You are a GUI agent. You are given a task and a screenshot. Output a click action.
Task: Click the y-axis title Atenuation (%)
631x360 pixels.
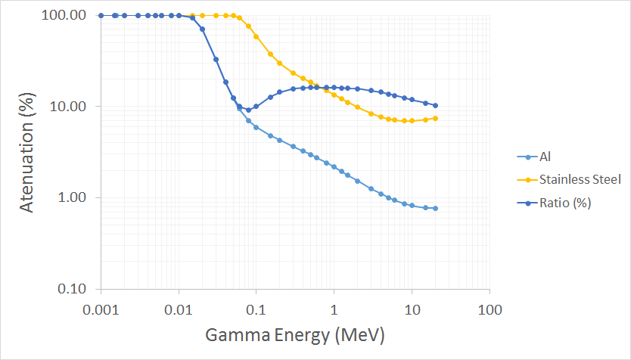[26, 151]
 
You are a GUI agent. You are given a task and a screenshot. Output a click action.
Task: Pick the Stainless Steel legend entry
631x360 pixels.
[580, 179]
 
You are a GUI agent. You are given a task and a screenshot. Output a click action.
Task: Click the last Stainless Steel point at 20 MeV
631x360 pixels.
[436, 118]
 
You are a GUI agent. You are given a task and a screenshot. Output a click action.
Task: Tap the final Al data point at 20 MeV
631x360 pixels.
[436, 209]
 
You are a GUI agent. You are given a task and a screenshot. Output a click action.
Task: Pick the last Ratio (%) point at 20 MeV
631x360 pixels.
[436, 106]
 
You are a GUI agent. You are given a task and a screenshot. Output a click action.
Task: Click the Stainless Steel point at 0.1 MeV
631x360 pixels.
[256, 36]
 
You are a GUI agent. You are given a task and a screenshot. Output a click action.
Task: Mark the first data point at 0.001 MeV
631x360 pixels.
[101, 15]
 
